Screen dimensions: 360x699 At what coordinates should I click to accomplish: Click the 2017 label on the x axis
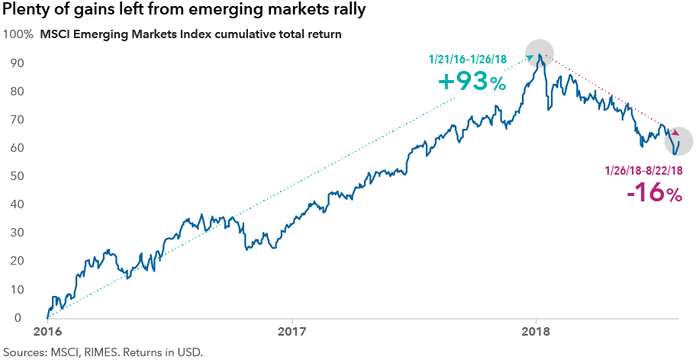292,333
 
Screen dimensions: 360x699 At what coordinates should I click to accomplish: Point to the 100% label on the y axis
18,34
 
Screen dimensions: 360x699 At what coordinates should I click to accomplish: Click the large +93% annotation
472,81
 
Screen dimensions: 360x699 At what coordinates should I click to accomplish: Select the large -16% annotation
654,192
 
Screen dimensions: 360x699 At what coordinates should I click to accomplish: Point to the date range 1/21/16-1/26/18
477,59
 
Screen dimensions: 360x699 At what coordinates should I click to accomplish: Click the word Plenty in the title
31,11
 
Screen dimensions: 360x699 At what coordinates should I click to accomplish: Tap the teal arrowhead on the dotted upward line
530,56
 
